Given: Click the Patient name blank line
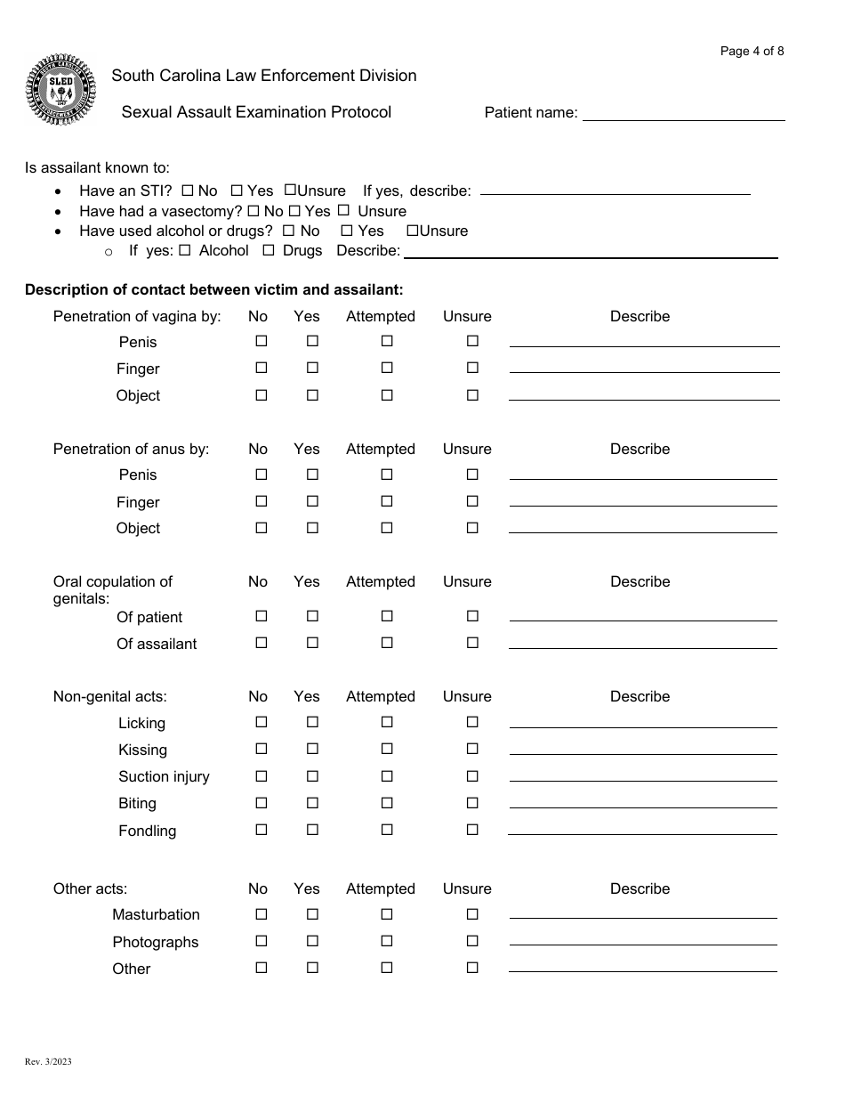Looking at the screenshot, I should point(683,113).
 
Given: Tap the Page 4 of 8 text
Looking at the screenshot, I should point(752,51).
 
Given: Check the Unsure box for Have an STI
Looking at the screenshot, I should point(290,190).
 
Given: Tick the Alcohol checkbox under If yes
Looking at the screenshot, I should point(185,250).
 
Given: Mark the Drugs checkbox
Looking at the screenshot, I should point(269,250).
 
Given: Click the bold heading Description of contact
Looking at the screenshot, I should point(213,289).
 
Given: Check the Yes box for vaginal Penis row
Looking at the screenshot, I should point(312,341).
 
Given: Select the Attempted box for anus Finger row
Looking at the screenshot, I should point(387,501).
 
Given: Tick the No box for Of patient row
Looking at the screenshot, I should point(262,616).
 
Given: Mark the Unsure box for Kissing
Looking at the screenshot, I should point(472,749).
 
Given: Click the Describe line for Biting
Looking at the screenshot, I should point(642,807).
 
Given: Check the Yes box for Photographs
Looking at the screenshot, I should point(312,941).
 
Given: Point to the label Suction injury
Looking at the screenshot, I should point(164,776).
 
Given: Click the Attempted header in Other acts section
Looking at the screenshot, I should point(380,888).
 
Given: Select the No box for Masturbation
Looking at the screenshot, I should point(262,914).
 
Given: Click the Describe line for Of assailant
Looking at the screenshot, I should point(642,647).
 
